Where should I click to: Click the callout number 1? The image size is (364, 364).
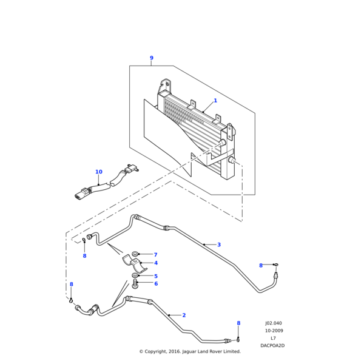(x=215, y=101)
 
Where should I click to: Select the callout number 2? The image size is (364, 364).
(x=184, y=315)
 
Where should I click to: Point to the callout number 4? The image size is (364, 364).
(x=155, y=263)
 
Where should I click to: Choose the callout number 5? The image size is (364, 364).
(x=155, y=276)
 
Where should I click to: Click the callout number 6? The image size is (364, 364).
(x=155, y=283)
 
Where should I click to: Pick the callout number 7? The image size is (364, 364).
(x=155, y=255)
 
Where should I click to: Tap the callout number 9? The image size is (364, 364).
(x=152, y=58)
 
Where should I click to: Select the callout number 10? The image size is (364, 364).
(x=99, y=172)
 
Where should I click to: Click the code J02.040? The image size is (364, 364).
(x=274, y=323)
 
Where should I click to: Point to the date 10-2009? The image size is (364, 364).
(x=274, y=331)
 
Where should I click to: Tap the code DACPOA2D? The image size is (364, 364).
(x=272, y=345)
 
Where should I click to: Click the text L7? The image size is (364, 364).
(x=273, y=338)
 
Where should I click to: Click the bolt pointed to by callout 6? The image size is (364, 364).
(x=135, y=283)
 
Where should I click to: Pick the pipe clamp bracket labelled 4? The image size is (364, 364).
(x=134, y=264)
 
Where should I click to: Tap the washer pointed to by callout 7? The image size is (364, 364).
(x=135, y=254)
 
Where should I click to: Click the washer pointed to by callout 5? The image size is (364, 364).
(x=135, y=275)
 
